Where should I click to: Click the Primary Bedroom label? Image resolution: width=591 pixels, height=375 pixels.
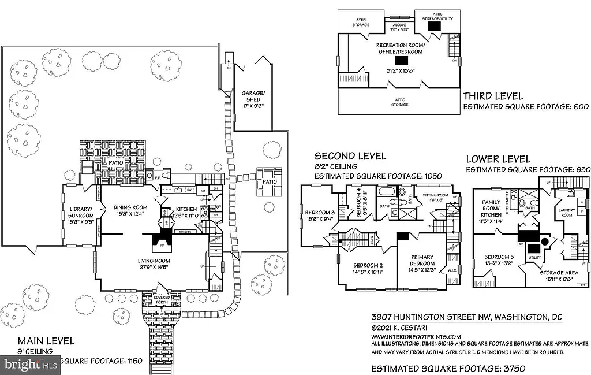(422, 259)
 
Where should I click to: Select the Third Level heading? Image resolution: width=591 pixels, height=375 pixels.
(493, 96)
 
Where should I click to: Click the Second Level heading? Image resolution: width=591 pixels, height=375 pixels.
(350, 156)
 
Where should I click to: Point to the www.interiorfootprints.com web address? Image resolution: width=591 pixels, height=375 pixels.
(416, 336)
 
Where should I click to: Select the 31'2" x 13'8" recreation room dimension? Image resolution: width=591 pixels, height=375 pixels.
(401, 72)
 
